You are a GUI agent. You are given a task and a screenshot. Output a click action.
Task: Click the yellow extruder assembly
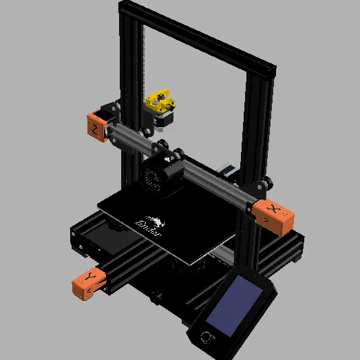click(x=159, y=100)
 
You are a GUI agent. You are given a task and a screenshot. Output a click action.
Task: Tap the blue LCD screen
click(x=237, y=306)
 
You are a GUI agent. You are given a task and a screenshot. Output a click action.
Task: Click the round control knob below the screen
click(x=205, y=338)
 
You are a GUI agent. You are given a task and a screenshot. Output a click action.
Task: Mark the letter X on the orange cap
click(x=275, y=209)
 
